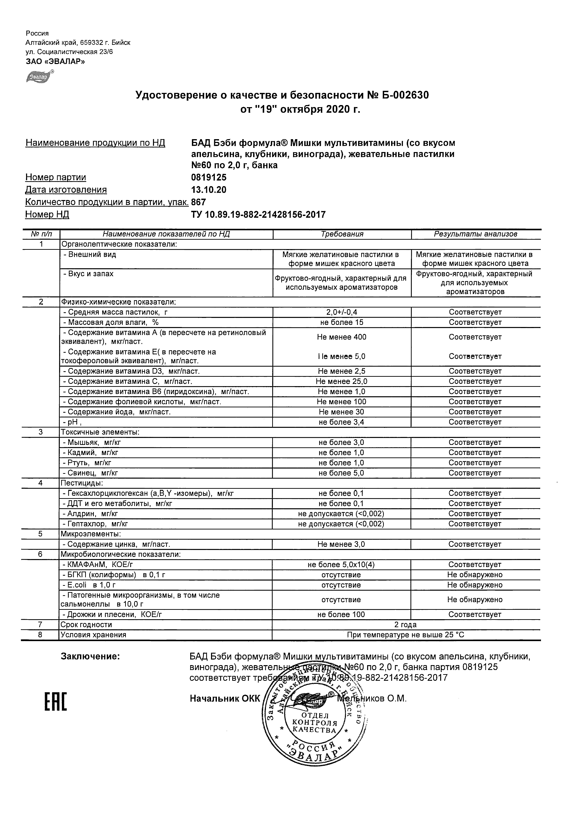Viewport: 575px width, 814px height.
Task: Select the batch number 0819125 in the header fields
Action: [x=209, y=177]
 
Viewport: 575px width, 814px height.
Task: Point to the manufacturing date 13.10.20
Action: [x=209, y=190]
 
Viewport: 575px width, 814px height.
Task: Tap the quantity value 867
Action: [x=199, y=202]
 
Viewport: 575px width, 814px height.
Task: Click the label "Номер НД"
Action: [x=47, y=215]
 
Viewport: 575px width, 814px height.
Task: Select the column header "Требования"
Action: [x=342, y=234]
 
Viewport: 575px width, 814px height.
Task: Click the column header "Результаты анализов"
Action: [x=476, y=234]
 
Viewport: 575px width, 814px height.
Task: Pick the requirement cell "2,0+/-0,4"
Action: [x=341, y=312]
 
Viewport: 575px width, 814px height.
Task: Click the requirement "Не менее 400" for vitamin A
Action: [x=341, y=337]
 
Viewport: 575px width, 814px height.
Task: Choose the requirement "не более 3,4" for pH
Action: [x=341, y=422]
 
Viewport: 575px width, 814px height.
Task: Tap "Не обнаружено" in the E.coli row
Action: [x=475, y=585]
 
